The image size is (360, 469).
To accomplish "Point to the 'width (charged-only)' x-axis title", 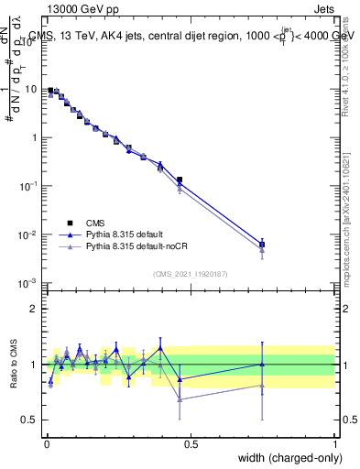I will [285, 458].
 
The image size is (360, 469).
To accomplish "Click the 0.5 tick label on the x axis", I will [191, 444].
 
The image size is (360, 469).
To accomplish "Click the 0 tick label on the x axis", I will [46, 444].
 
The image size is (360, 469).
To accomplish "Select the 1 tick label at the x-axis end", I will [335, 444].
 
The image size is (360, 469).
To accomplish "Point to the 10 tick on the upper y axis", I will [32, 90].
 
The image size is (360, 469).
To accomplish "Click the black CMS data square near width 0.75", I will [262, 245].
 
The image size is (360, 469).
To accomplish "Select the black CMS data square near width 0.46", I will [180, 180].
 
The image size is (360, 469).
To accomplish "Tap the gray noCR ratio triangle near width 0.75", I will [262, 386].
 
